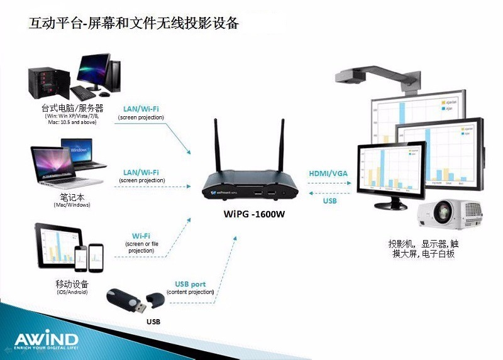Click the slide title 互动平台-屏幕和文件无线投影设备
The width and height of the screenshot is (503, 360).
point(134,23)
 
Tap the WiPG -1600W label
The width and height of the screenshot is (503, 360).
point(255,214)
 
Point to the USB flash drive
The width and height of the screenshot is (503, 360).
point(132,301)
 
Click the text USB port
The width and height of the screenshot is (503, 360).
point(190,284)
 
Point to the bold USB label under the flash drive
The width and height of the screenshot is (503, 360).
point(153,322)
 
